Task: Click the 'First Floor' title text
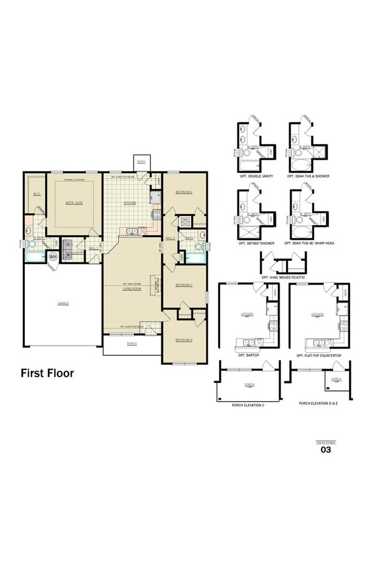point(47,373)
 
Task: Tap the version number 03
point(326,450)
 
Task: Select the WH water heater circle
point(53,257)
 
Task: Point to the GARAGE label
point(63,304)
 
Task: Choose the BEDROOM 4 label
point(184,339)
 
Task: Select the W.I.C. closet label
point(36,193)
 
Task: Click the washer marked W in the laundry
point(68,253)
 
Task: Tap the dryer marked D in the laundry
point(68,244)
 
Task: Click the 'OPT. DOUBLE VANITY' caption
point(256,177)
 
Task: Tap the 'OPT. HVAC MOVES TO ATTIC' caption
point(283,277)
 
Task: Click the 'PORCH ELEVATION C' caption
point(248,405)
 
